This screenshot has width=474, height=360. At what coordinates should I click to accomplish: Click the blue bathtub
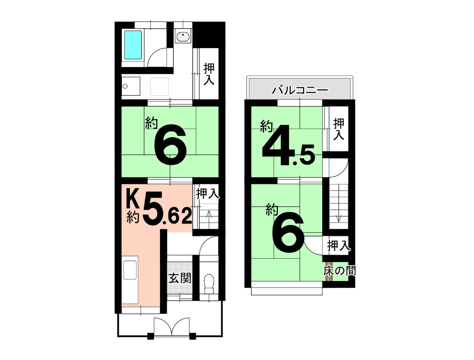click(x=133, y=45)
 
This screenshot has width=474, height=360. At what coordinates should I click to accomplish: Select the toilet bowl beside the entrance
click(x=209, y=284)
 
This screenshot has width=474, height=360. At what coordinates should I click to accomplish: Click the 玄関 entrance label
click(x=180, y=278)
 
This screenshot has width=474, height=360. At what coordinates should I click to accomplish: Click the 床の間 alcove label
click(x=339, y=271)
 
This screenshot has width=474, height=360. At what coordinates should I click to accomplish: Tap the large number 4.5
click(x=288, y=146)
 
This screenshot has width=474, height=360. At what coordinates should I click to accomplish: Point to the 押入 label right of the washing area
click(x=209, y=74)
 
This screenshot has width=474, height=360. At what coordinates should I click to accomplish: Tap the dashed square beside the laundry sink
click(x=159, y=86)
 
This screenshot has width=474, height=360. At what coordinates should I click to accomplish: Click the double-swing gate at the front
click(x=172, y=326)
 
